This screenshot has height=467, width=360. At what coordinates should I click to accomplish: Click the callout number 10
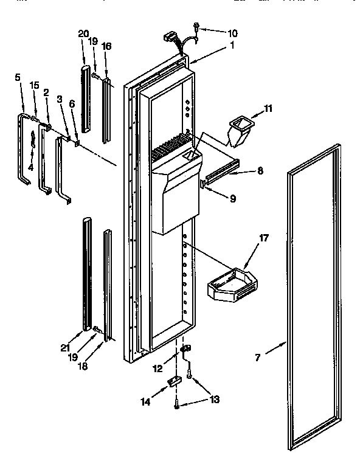(x=216, y=33)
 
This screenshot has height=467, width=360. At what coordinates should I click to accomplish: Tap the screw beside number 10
(x=196, y=26)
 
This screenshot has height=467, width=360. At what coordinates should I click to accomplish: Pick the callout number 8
(x=260, y=171)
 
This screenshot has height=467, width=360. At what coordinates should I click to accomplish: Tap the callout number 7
(x=257, y=358)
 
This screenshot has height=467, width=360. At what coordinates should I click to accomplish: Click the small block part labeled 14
(x=175, y=381)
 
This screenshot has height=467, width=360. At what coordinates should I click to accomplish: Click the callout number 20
(x=84, y=34)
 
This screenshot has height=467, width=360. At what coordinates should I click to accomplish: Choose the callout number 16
(x=106, y=46)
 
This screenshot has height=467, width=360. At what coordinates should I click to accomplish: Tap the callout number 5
(x=18, y=77)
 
